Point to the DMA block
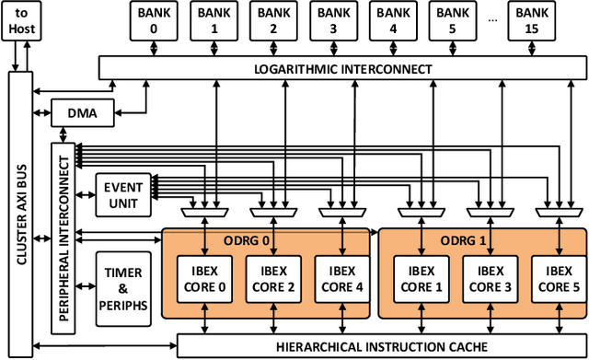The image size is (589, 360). (x=82, y=112)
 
